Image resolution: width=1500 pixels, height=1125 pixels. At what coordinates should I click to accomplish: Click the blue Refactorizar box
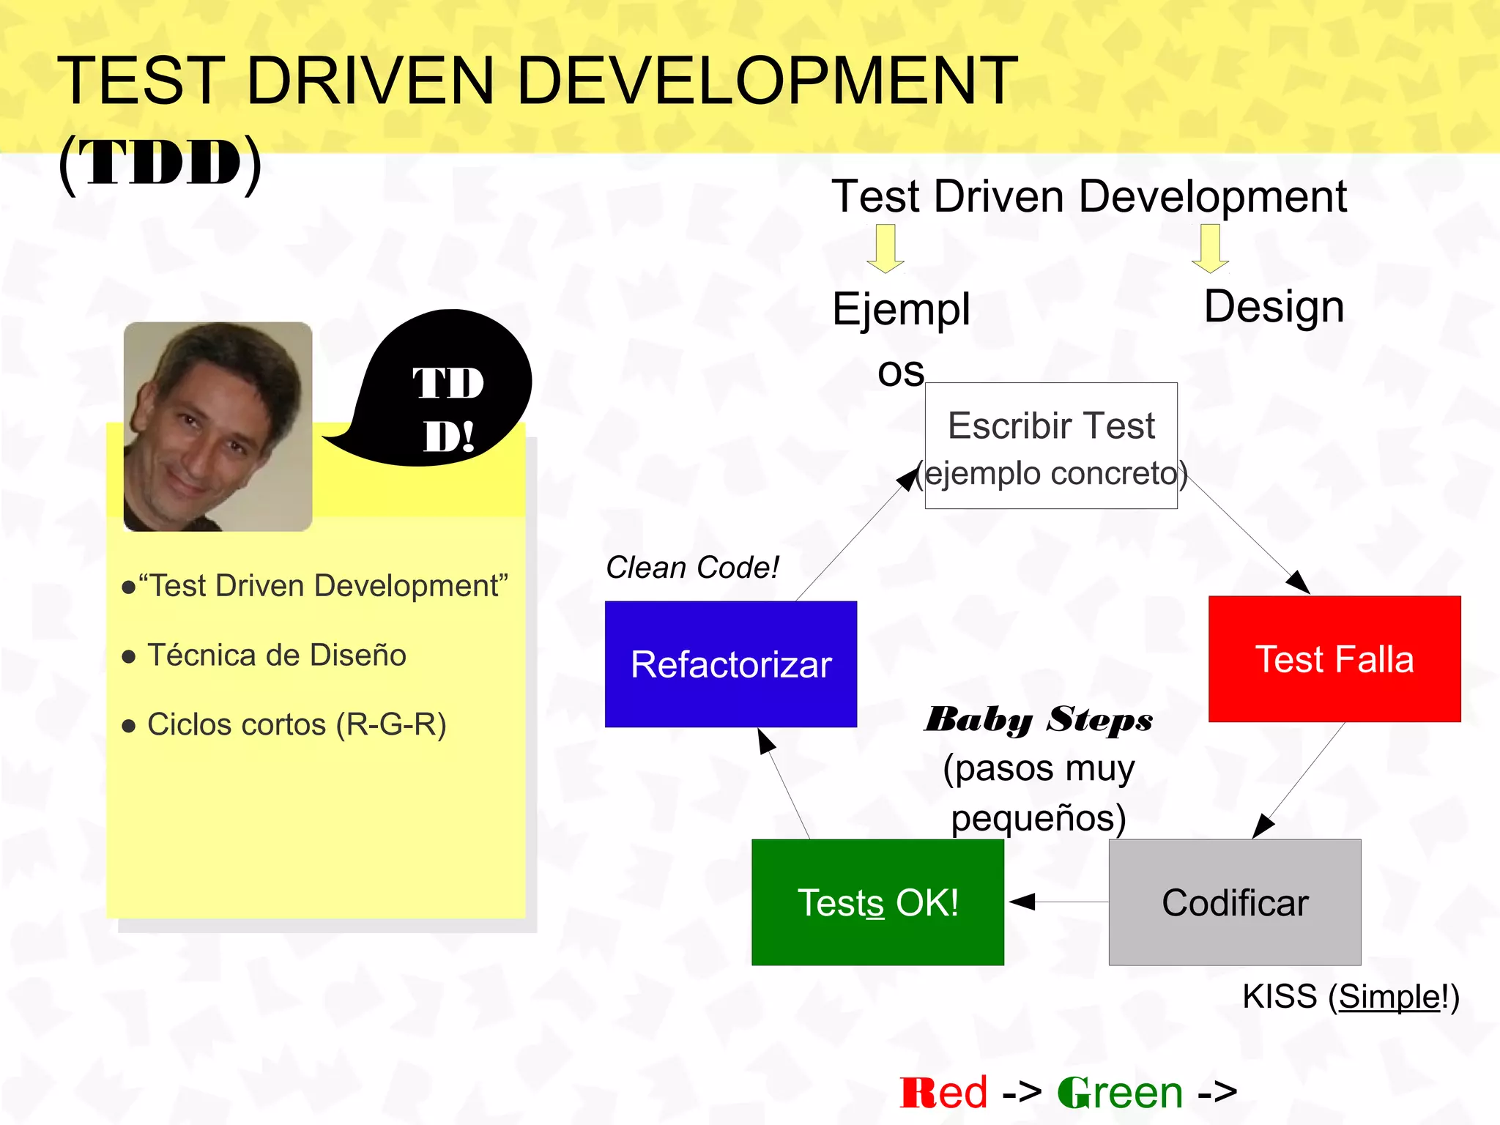[x=730, y=664]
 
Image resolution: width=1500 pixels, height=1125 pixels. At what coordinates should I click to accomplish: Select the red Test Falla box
[x=1334, y=658]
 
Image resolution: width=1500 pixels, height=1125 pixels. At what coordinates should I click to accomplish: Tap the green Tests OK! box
[x=877, y=902]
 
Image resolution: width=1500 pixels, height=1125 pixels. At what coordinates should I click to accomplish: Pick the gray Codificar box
[x=1235, y=902]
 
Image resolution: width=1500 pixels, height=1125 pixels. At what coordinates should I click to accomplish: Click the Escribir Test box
[x=1051, y=445]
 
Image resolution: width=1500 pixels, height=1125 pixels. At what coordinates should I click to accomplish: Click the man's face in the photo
[x=209, y=432]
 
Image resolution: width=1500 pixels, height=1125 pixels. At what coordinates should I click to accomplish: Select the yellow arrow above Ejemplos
[x=885, y=249]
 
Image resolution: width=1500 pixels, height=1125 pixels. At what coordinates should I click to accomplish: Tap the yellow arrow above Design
[x=1210, y=249]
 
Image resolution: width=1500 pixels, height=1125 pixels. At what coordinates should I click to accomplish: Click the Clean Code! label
[x=692, y=568]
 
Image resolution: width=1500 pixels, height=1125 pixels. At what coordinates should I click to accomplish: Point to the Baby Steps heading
[x=1038, y=720]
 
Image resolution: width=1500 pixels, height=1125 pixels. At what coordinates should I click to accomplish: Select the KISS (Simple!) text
[x=1351, y=997]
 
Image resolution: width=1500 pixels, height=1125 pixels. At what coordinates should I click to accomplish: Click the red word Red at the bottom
[x=943, y=1092]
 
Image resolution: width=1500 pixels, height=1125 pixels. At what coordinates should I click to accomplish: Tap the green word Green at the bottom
[x=1120, y=1092]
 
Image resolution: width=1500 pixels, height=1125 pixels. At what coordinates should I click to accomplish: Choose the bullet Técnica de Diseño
[x=276, y=655]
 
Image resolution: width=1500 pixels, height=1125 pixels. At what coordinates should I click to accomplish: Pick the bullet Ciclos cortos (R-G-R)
[x=296, y=724]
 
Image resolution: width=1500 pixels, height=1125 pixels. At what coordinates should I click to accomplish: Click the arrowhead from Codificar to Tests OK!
[x=1022, y=902]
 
